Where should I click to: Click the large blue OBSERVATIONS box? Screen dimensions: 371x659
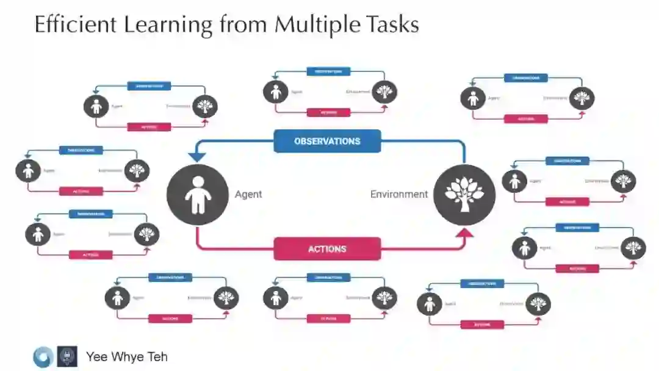[x=327, y=141]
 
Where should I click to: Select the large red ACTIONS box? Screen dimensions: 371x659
[x=327, y=249]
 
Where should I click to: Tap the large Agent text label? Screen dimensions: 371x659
[x=248, y=195]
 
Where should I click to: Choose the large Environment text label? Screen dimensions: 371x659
[x=399, y=195]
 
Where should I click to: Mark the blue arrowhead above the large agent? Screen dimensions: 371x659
[x=196, y=158]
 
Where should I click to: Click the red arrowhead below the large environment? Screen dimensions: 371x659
[x=465, y=232]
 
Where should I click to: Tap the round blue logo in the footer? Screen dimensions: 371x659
[x=43, y=357]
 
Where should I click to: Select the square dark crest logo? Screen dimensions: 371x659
[x=67, y=357]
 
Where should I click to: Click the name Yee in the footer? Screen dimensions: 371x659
[x=98, y=357]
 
